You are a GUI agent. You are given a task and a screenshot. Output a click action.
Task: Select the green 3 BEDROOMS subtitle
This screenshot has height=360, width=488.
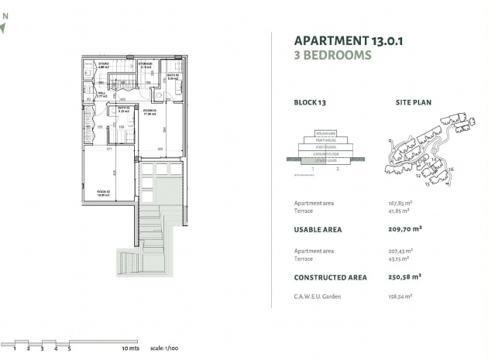click(333, 56)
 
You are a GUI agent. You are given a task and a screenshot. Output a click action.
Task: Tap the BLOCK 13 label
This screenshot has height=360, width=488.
click(310, 101)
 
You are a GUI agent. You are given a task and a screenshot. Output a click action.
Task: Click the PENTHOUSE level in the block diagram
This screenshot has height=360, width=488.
click(325, 139)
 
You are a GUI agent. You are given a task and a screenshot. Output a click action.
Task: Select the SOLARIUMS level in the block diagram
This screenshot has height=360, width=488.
click(325, 132)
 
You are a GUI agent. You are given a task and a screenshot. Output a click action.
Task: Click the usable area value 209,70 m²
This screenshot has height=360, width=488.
click(405, 229)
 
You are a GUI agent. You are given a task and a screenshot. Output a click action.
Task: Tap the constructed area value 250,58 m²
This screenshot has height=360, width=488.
click(405, 276)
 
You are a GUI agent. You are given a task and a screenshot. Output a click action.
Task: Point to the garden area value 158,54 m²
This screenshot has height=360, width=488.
click(400, 296)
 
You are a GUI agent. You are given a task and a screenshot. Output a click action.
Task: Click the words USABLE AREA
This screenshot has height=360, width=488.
click(318, 229)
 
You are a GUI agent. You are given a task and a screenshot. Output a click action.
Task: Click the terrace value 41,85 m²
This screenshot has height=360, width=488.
click(398, 210)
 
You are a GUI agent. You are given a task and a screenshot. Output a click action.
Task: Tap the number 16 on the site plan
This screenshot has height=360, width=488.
click(451, 169)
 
